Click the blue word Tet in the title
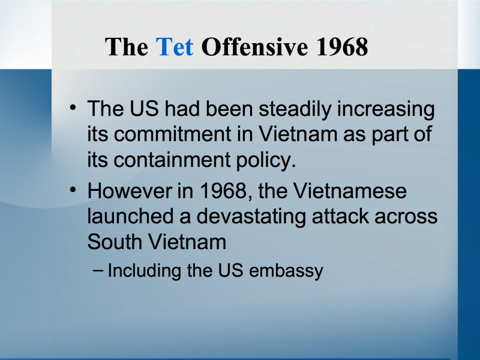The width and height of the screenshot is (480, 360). tap(175, 47)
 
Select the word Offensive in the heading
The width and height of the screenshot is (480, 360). tap(254, 47)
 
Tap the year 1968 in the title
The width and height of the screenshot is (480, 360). tap(342, 47)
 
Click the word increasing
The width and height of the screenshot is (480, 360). tap(386, 109)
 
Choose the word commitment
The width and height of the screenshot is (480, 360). tap(173, 134)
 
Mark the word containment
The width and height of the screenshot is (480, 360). tap(172, 160)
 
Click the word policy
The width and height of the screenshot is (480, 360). tap(266, 160)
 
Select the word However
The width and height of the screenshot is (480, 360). tap(130, 191)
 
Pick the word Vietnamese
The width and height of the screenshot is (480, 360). tap(350, 191)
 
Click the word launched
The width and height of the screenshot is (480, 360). tap(131, 216)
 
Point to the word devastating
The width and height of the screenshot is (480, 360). tap(251, 217)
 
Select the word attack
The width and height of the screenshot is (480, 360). tap(340, 216)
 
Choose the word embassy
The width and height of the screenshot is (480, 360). tap(286, 271)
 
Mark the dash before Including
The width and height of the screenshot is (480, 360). tap(97, 270)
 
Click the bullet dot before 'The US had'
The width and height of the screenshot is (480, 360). tap(73, 107)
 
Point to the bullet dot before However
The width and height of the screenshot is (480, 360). tap(73, 190)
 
